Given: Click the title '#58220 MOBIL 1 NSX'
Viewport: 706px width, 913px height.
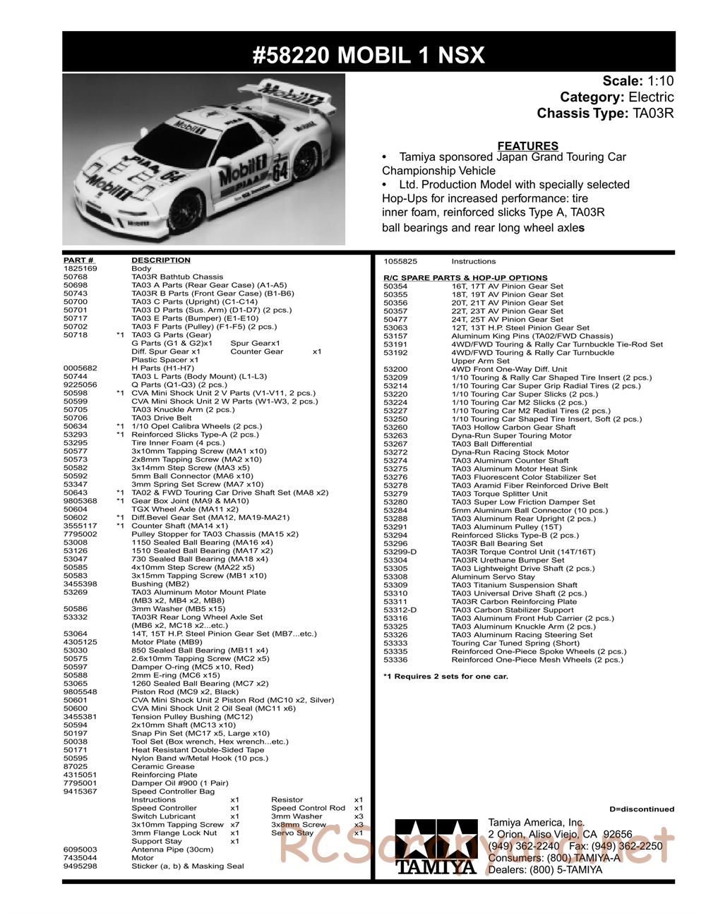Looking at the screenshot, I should [369, 55].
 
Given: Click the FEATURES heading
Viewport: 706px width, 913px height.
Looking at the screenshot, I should [527, 146].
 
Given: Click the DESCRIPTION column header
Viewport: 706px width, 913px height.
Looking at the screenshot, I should [161, 260].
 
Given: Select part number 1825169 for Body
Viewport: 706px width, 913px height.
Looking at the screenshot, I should [80, 269].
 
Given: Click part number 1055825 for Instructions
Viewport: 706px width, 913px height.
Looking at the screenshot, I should [400, 261].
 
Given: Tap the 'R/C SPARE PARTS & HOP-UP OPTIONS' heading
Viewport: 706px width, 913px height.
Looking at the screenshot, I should [465, 278].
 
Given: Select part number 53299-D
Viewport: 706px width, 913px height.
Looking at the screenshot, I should [400, 552].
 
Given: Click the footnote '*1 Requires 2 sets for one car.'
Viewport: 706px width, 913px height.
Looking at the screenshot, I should [445, 677].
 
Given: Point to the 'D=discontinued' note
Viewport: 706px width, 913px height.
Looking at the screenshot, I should [641, 809].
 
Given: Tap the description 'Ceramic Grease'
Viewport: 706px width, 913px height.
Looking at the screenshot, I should [153, 766].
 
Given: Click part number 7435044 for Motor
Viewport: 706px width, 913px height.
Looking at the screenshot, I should [80, 858].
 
